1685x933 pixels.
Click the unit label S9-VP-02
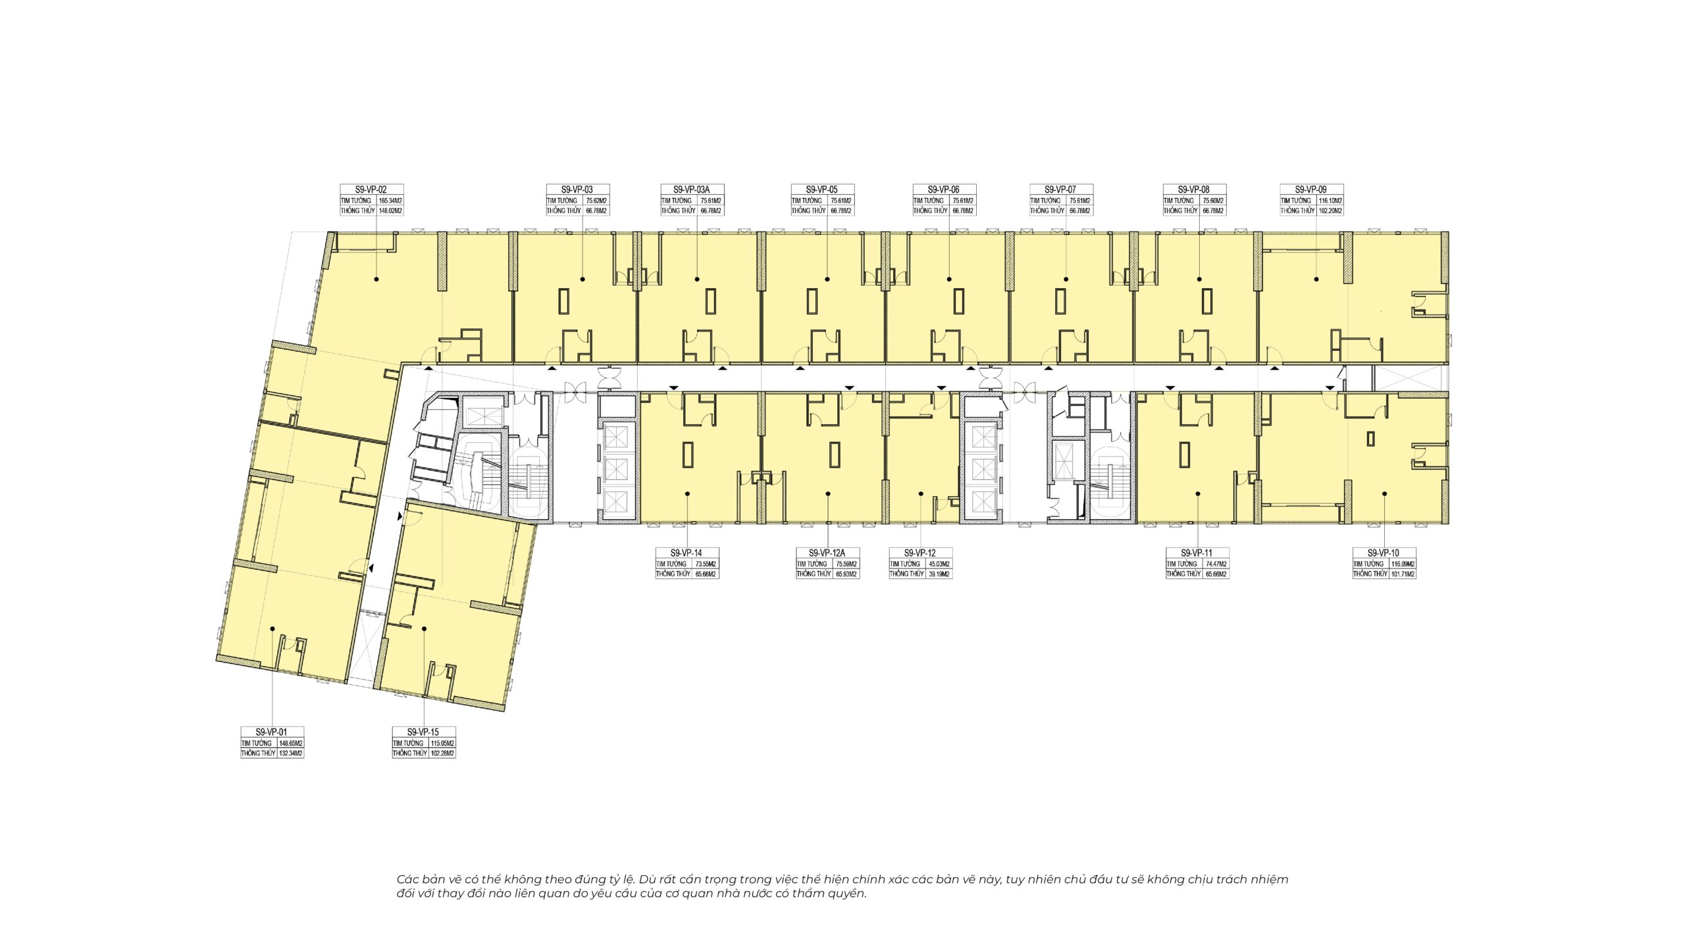pyautogui.click(x=371, y=189)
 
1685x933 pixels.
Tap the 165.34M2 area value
pyautogui.click(x=390, y=201)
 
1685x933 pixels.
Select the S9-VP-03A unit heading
pyautogui.click(x=692, y=189)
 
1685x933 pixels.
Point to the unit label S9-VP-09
pyautogui.click(x=1311, y=189)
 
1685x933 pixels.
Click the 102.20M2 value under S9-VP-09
pyautogui.click(x=1330, y=211)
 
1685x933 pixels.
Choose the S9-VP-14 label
pyautogui.click(x=687, y=553)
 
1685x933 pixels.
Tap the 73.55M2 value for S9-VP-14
pyautogui.click(x=706, y=564)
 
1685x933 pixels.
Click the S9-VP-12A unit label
pyautogui.click(x=828, y=553)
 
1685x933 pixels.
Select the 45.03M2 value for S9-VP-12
pyautogui.click(x=939, y=564)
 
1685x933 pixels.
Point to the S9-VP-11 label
pyautogui.click(x=1197, y=553)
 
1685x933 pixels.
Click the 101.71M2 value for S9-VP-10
pyautogui.click(x=1403, y=574)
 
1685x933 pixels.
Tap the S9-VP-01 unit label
pyautogui.click(x=272, y=732)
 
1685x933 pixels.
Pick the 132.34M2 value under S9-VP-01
pyautogui.click(x=291, y=753)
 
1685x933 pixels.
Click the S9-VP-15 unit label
pyautogui.click(x=423, y=732)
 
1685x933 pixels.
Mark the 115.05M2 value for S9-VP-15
pyautogui.click(x=442, y=743)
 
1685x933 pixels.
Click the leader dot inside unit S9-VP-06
pyautogui.click(x=949, y=279)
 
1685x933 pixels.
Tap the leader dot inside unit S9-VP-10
pyautogui.click(x=1384, y=493)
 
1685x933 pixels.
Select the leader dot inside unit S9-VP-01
pyautogui.click(x=272, y=629)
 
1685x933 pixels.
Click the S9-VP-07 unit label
pyautogui.click(x=1060, y=189)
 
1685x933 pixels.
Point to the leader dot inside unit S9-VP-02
pyautogui.click(x=376, y=279)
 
